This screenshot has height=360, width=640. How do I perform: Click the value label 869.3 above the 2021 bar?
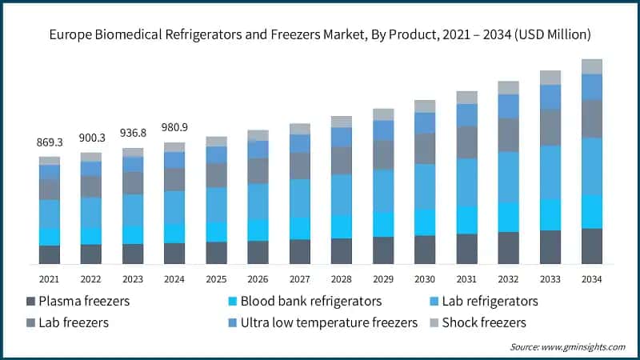50,142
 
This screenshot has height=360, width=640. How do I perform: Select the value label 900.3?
91,138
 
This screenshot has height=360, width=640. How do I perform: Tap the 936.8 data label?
133,133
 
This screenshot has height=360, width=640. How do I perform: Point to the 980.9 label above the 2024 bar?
174,127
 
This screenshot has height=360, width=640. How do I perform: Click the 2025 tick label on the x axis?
216,278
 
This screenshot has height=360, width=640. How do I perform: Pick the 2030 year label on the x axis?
425,278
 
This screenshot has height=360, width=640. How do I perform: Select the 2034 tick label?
592,278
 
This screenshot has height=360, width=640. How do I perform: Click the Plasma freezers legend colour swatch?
32,302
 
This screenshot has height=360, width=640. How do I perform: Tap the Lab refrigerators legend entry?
487,302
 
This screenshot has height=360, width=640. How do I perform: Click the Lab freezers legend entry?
74,322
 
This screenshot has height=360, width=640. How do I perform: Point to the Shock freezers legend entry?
480,322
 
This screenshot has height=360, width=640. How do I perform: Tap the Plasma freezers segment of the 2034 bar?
592,246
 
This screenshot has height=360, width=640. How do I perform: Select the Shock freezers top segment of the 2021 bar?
50,161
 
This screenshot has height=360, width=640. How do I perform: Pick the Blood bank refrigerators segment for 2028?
342,226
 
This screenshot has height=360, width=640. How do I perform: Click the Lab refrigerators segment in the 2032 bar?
509,177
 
